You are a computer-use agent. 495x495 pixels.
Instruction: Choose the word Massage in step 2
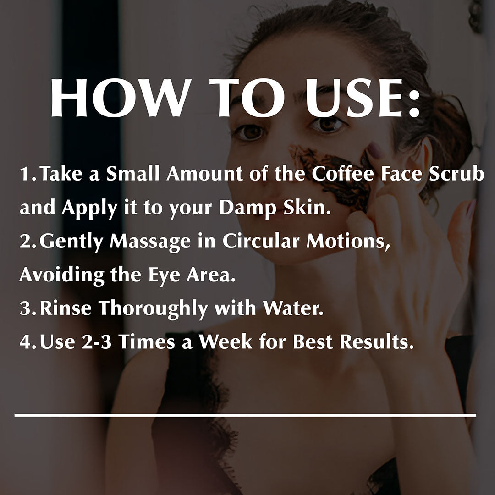pyautogui.click(x=152, y=242)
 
